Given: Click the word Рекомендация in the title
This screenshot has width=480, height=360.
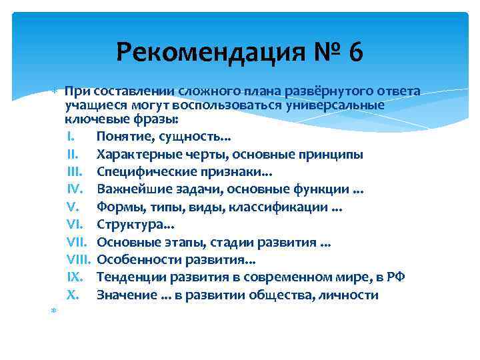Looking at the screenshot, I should click(201, 51).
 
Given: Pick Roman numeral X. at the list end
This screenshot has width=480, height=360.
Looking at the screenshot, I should click(73, 295).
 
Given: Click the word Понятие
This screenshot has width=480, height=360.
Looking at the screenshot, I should click(121, 137).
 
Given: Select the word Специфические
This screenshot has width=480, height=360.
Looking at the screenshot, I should click(140, 172).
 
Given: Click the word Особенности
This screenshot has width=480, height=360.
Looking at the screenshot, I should click(134, 259).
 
